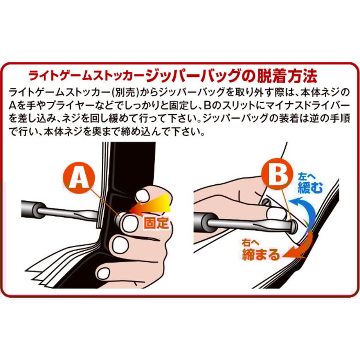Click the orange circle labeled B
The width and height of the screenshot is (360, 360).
click(x=277, y=174)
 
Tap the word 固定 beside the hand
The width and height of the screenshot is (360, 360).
click(x=157, y=222)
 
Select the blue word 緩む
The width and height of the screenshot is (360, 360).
click(x=310, y=188)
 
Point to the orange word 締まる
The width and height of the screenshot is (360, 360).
click(x=261, y=255)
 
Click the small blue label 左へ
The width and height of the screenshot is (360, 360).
click(x=307, y=177)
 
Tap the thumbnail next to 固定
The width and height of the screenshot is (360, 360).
click(x=130, y=223)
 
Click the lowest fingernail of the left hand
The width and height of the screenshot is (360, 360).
click(x=104, y=273)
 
